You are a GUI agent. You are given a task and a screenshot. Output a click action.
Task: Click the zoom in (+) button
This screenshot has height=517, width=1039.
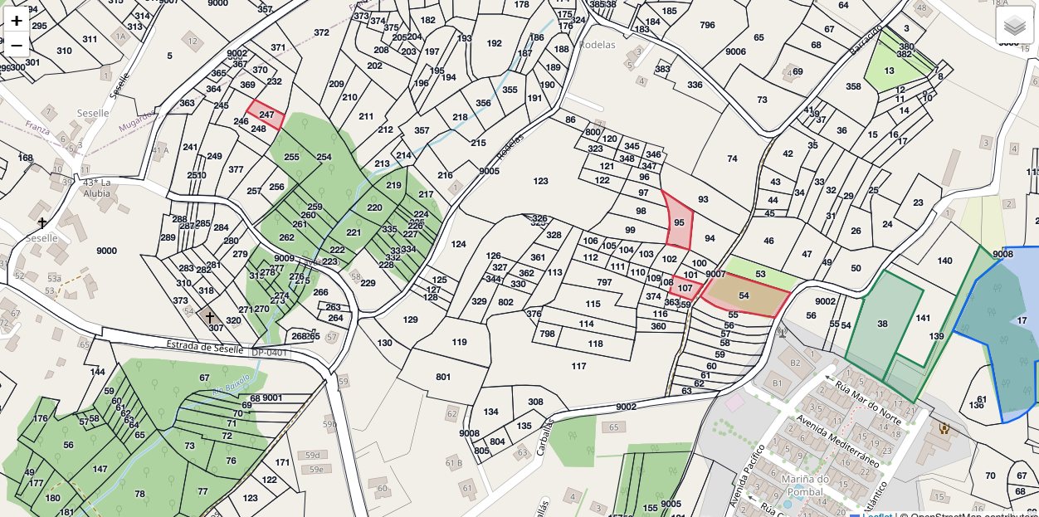(x=17, y=21)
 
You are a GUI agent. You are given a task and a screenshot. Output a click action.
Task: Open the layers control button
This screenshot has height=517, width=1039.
(x=1014, y=26)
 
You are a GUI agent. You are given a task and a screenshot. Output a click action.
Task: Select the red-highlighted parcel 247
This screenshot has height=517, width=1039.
(x=266, y=115)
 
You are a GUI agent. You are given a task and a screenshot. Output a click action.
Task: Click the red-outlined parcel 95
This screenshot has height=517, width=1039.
(x=679, y=222)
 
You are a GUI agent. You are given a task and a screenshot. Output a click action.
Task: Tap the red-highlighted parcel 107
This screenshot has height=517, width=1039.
(x=685, y=288)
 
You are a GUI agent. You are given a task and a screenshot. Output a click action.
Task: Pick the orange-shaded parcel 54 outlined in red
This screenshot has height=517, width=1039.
(x=744, y=295)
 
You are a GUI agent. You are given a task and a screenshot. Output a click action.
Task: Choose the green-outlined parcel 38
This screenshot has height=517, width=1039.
(x=881, y=323)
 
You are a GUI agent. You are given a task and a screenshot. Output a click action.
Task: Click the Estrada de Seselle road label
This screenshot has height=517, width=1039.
(x=202, y=345)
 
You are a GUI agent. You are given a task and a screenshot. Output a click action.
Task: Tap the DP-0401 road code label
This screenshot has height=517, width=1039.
(x=271, y=353)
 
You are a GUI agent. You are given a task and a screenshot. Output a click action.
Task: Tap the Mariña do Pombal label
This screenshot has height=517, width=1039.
(x=805, y=485)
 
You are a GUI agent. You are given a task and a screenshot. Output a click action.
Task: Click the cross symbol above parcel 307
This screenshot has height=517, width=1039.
(x=210, y=316)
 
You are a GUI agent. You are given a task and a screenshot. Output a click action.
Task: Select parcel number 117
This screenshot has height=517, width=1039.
(x=578, y=366)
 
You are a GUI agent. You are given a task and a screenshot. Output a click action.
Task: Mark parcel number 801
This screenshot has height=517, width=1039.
(x=443, y=377)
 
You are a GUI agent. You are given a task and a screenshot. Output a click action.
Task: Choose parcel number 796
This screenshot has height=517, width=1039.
(x=707, y=25)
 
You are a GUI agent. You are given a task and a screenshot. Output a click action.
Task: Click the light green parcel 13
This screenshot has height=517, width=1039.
(x=890, y=71)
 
